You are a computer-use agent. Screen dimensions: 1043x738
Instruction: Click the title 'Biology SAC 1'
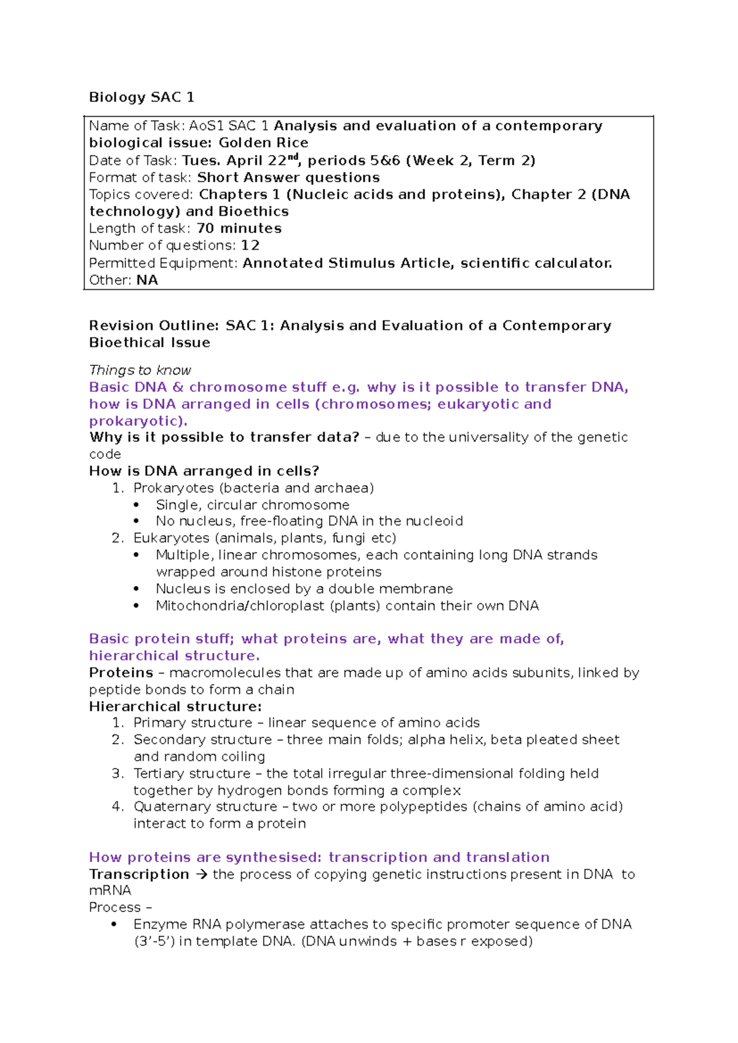[141, 97]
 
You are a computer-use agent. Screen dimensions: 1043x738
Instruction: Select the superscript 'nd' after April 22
[292, 156]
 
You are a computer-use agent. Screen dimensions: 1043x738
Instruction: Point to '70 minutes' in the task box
[239, 228]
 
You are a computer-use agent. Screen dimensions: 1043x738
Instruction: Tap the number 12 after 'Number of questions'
[250, 245]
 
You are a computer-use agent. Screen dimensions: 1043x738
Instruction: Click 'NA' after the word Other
[147, 280]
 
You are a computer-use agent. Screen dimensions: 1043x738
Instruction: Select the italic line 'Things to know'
[140, 370]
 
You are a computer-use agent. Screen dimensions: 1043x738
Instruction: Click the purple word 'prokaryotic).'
[138, 421]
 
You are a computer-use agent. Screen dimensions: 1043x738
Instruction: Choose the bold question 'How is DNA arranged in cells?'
[204, 471]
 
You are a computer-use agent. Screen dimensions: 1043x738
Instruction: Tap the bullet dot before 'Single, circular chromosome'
[137, 505]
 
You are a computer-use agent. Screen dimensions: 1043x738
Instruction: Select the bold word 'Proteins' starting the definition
[121, 673]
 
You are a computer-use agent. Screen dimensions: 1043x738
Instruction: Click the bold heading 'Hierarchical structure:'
[175, 707]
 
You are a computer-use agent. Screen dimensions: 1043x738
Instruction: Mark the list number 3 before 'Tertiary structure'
[117, 774]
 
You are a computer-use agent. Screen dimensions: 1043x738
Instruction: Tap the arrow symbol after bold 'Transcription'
[201, 874]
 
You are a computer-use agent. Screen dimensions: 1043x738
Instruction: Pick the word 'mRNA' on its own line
[110, 891]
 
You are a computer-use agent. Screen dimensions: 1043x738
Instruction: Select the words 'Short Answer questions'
[288, 178]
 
